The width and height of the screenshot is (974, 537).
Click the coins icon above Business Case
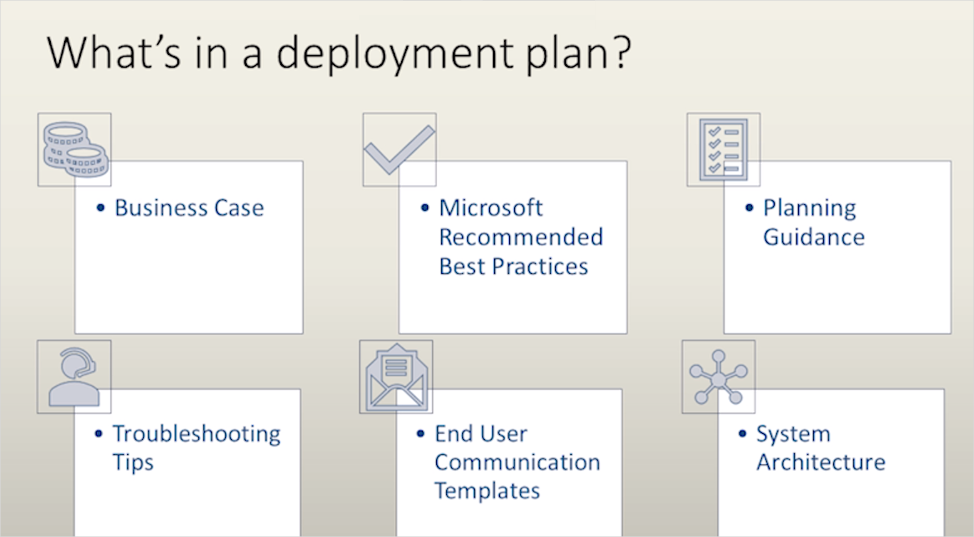pos(75,149)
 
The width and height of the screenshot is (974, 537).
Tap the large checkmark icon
pos(399,149)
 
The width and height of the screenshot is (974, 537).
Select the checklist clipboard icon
pos(723,149)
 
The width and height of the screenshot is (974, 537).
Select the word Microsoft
pos(490,208)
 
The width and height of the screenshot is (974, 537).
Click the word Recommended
pos(521,237)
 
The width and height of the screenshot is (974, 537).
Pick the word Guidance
pos(814,237)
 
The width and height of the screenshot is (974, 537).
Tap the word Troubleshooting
pos(197,434)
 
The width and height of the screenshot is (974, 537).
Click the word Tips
pos(133,463)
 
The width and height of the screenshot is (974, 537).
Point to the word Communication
pos(517,462)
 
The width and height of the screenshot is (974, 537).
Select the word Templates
pos(487,491)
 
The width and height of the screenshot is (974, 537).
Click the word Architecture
pos(820,462)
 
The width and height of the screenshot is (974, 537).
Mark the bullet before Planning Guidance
pos(749,208)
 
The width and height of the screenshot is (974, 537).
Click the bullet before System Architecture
pos(742,434)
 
